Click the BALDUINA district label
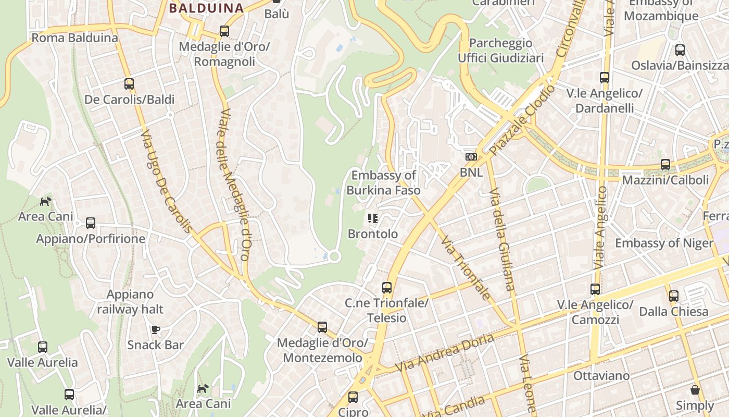(206, 8)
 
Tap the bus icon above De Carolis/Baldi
(129, 83)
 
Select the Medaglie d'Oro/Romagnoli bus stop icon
(224, 31)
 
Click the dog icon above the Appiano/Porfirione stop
(46, 201)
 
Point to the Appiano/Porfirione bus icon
(91, 223)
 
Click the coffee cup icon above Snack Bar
(155, 329)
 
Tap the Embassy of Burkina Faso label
(383, 182)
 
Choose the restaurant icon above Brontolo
(372, 218)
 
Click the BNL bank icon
(471, 157)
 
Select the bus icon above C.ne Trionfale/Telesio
(386, 288)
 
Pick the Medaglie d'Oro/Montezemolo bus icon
(322, 327)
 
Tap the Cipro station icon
(353, 397)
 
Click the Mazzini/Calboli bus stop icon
(665, 165)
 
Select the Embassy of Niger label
(664, 243)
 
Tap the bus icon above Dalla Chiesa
(674, 296)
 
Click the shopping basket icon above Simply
(695, 390)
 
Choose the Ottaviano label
(601, 375)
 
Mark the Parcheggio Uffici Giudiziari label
(500, 50)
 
